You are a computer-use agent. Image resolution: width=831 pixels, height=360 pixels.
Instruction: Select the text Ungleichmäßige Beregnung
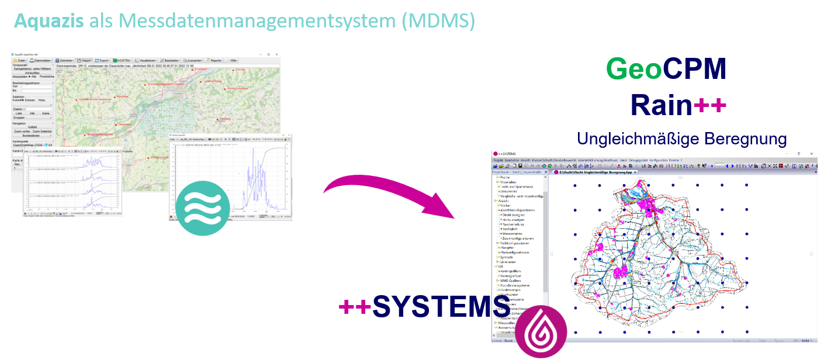click(x=681, y=139)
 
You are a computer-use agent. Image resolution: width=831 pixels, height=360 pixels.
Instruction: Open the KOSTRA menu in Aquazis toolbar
click(x=123, y=60)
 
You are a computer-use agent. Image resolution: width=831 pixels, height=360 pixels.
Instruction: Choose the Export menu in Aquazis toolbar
click(x=103, y=60)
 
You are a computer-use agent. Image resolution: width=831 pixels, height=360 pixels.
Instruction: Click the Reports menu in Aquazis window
click(x=215, y=60)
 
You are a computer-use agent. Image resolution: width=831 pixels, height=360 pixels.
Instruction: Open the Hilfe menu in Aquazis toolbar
click(x=233, y=60)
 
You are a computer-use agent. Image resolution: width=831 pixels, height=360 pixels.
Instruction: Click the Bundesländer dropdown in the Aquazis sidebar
click(x=33, y=136)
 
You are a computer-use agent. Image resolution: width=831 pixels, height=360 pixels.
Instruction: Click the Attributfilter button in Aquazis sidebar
click(x=33, y=72)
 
